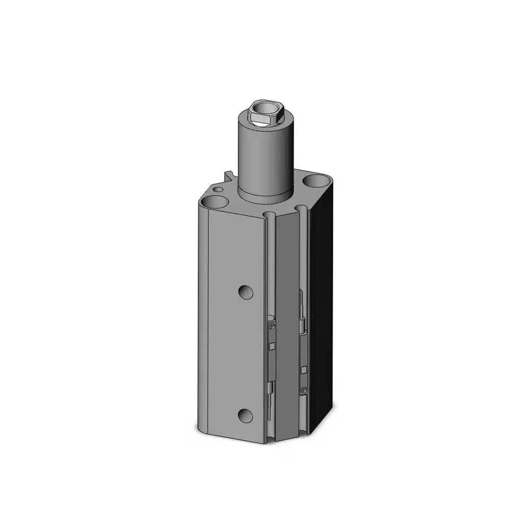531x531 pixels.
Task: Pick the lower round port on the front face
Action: [245, 416]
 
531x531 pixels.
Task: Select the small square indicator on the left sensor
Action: [272, 346]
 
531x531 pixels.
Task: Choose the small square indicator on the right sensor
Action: [304, 370]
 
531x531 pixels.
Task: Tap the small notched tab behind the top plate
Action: [229, 176]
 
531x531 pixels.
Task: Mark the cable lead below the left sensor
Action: [271, 398]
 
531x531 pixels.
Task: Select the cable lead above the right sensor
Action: [302, 308]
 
